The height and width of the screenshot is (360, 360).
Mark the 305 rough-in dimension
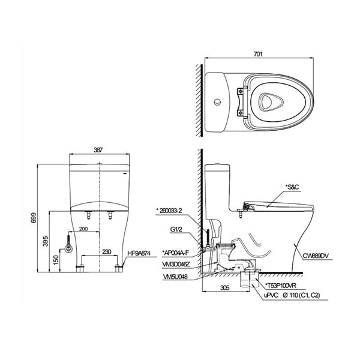pos(223,288)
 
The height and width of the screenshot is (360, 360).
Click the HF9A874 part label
pos(139,254)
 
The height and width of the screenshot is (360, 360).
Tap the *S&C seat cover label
pos(292,187)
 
